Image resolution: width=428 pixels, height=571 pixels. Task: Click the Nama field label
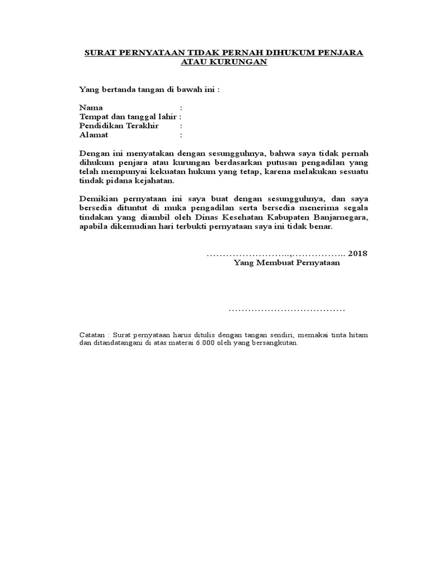(x=91, y=108)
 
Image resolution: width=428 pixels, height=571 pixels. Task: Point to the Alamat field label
(x=94, y=135)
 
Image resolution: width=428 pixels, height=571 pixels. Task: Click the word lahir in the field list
(x=168, y=117)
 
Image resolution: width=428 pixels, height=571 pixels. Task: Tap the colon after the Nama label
(x=181, y=108)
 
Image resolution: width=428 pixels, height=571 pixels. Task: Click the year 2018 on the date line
(x=358, y=254)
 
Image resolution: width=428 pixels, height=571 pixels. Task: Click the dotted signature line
(x=287, y=309)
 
